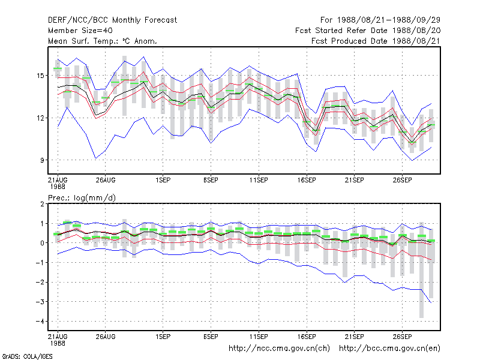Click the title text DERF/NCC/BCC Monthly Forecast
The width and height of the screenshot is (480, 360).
click(112, 20)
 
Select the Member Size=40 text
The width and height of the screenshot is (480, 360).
click(80, 31)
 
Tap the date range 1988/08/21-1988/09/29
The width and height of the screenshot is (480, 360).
click(389, 20)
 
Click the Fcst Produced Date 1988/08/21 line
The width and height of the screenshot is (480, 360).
click(376, 41)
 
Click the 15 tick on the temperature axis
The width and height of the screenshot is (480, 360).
click(40, 76)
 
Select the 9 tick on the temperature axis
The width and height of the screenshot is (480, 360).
click(42, 160)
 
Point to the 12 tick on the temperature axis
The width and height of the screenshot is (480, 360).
click(40, 118)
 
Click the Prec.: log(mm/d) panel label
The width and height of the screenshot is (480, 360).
click(82, 198)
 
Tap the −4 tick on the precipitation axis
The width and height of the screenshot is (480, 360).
click(40, 322)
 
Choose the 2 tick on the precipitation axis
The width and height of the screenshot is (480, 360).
click(42, 204)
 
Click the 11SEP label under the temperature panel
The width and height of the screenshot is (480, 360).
click(259, 180)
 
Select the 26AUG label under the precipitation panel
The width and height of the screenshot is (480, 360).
click(106, 337)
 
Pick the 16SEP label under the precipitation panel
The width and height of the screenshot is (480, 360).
click(307, 337)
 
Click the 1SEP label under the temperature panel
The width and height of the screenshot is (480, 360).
click(163, 180)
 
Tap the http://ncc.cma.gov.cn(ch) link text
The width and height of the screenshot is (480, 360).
click(279, 349)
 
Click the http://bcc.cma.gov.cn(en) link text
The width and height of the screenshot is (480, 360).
click(389, 349)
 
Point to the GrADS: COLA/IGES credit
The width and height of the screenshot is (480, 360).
click(27, 356)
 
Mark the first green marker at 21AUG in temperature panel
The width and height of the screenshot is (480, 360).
click(58, 68)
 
